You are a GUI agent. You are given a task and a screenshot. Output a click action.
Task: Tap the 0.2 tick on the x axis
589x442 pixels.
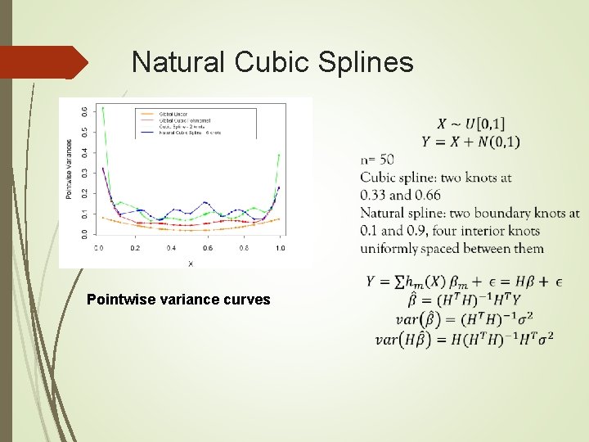pos(135,247)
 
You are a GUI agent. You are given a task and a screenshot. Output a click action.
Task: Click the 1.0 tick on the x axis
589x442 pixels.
pos(280,247)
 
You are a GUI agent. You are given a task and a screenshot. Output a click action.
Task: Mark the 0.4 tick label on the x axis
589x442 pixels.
pos(171,247)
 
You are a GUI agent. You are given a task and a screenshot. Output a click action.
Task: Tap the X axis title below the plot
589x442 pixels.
pos(191,263)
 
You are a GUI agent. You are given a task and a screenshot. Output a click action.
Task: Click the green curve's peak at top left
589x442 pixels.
pos(102,108)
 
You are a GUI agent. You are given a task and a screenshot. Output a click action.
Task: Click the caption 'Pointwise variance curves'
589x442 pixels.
pos(178,300)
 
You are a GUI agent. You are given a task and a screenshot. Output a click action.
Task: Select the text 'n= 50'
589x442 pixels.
pos(376,159)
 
